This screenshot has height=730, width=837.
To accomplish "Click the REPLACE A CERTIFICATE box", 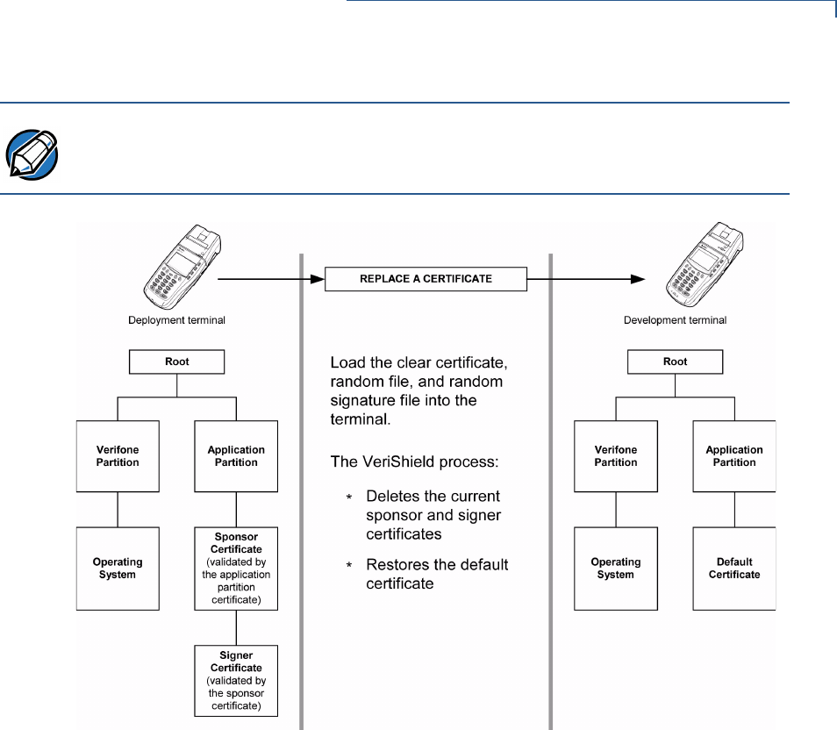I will point(426,280).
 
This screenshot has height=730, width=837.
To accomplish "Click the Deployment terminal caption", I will point(178,321).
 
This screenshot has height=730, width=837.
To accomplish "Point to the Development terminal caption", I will point(675,321).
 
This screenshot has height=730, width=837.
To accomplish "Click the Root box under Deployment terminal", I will point(178,361).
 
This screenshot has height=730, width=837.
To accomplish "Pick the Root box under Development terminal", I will point(675,361).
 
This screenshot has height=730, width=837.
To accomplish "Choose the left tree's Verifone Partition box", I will point(118,455).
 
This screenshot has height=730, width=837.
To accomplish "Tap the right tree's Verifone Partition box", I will point(616,455).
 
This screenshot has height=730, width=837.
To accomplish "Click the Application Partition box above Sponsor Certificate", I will point(236,455).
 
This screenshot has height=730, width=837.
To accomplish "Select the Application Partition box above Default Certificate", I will point(734,455).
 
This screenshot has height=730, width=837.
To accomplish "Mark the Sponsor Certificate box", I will point(236,569).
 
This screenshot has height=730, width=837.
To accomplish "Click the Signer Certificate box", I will point(236,681).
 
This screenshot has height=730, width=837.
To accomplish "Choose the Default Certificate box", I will point(734,569).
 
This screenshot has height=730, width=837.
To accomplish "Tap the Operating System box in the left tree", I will point(118,569).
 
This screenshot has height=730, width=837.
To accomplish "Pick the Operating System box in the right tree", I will point(616,569).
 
